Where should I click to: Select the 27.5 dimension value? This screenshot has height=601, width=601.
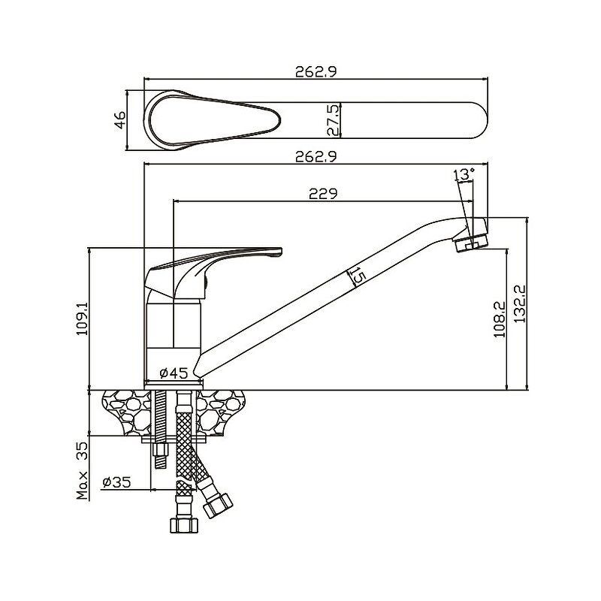point(335,120)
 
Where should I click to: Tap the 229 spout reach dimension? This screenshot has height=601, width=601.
point(322,193)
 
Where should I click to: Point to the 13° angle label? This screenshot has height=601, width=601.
point(464,174)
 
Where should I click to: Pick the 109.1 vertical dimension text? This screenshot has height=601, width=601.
point(82,318)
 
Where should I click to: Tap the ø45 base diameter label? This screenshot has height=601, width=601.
point(174,372)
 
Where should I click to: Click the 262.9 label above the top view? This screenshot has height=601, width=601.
point(315,72)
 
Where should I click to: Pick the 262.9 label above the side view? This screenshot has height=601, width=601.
point(315,157)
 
